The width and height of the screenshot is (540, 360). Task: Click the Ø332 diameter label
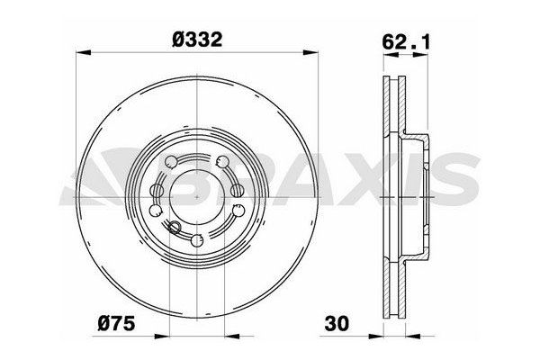196,39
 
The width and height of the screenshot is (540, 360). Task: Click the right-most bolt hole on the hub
238,209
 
